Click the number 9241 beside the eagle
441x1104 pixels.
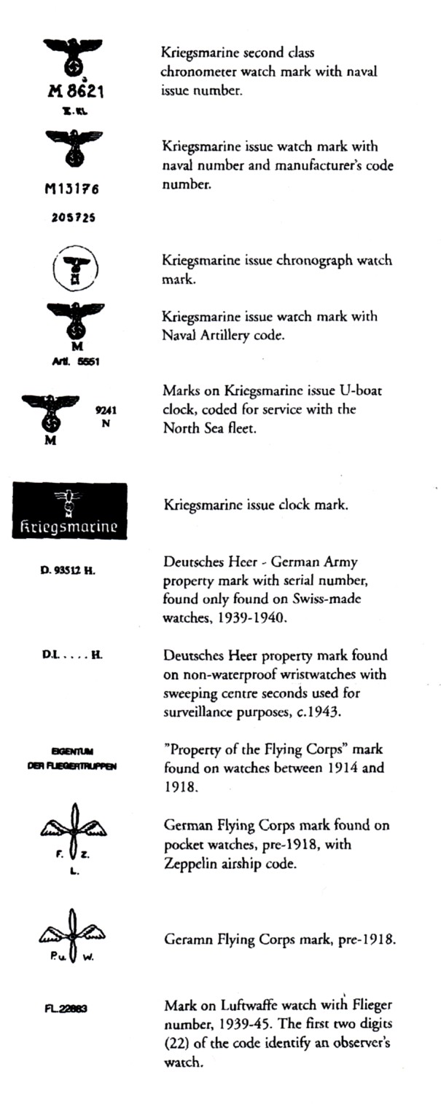click(x=106, y=410)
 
